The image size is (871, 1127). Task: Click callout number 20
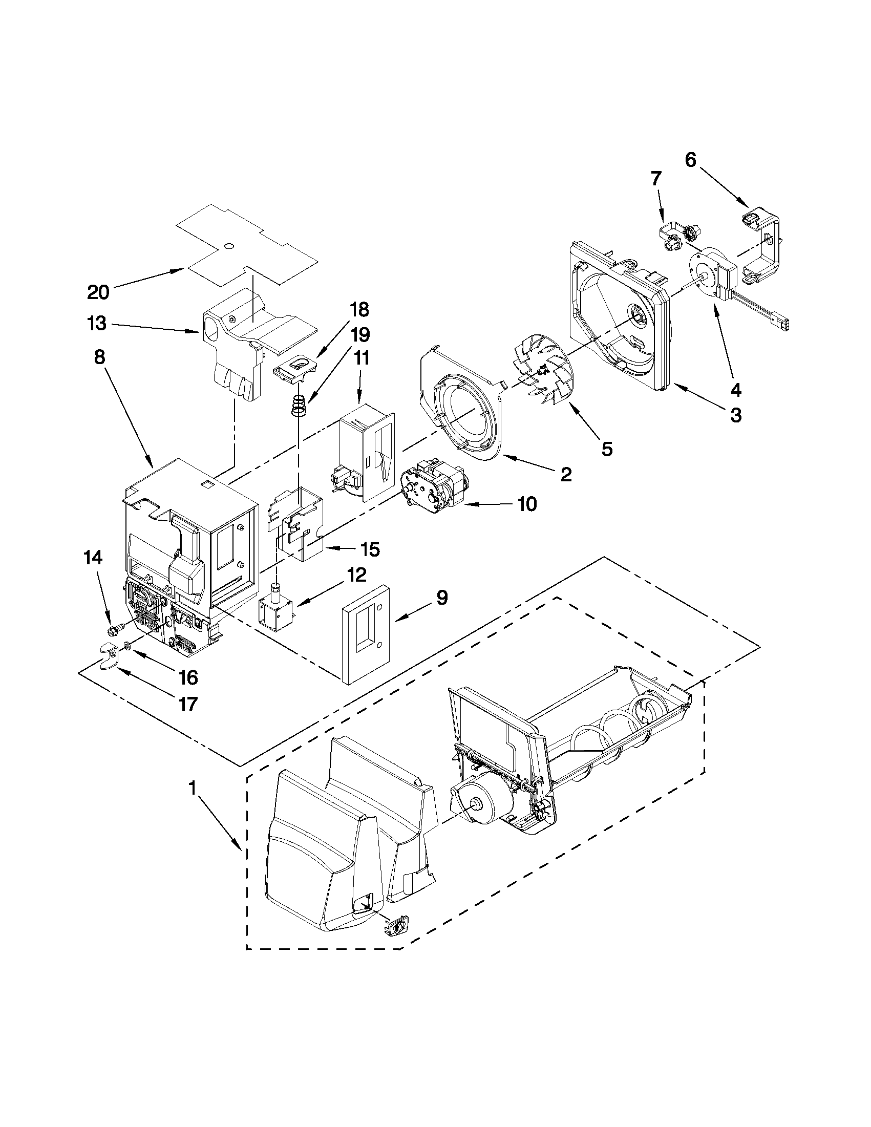coord(98,292)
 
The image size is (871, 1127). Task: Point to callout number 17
coord(188,704)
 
